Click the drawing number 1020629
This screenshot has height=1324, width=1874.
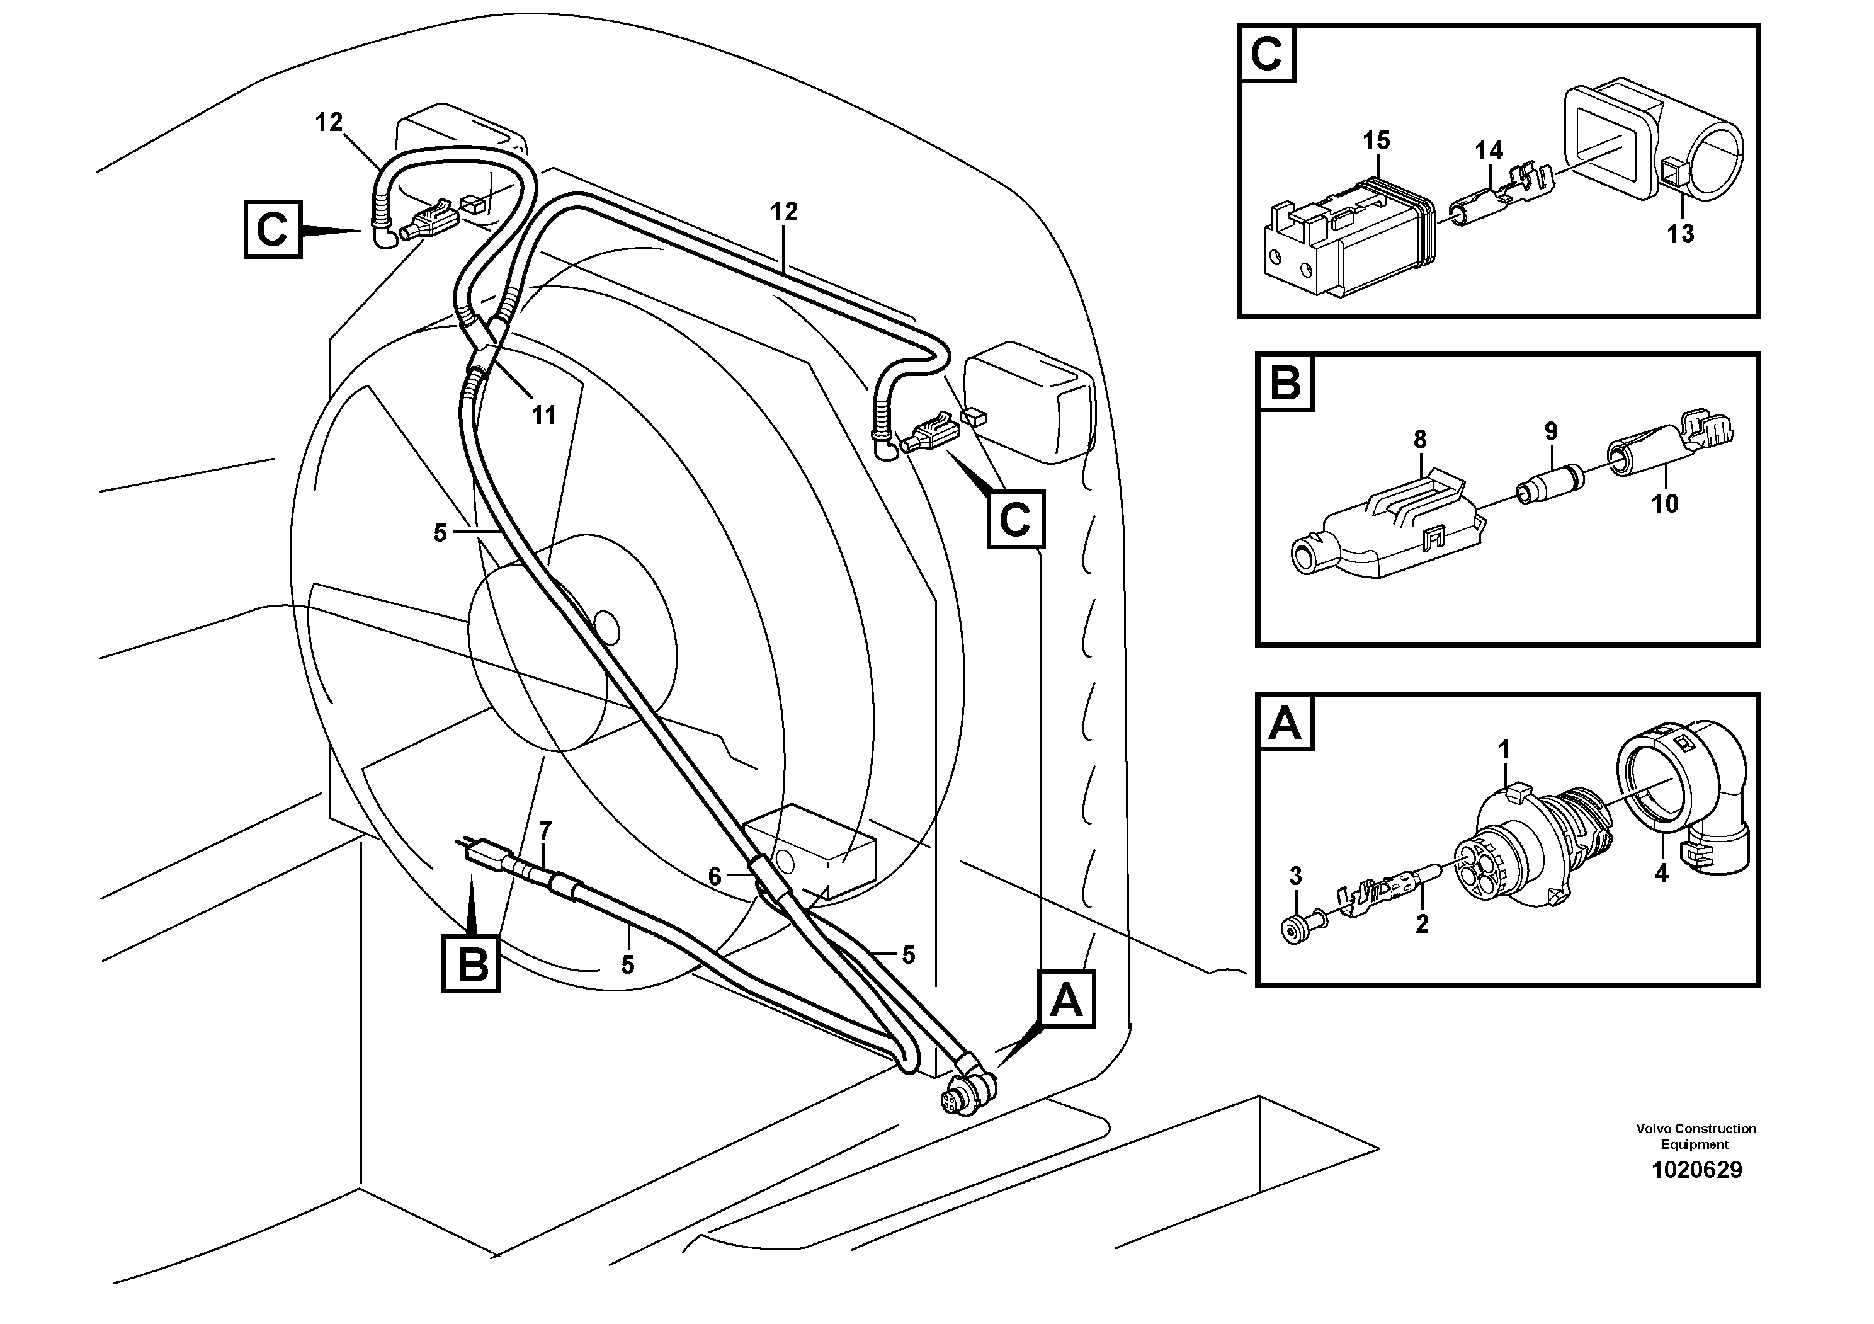[x=1696, y=1170]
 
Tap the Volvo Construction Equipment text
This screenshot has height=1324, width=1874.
[x=1696, y=1136]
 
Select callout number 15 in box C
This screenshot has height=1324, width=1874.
[x=1376, y=140]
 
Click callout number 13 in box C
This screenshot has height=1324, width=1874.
[x=1681, y=234]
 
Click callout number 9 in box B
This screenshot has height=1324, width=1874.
[x=1551, y=431]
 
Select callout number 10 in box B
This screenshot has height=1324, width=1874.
[x=1665, y=504]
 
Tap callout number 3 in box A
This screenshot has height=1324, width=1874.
[x=1295, y=877]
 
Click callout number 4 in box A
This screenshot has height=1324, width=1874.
[x=1661, y=874]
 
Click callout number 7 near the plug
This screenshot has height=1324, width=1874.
[x=545, y=831]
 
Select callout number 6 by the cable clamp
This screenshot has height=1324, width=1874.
[x=714, y=877]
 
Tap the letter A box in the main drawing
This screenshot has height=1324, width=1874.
[x=1066, y=999]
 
